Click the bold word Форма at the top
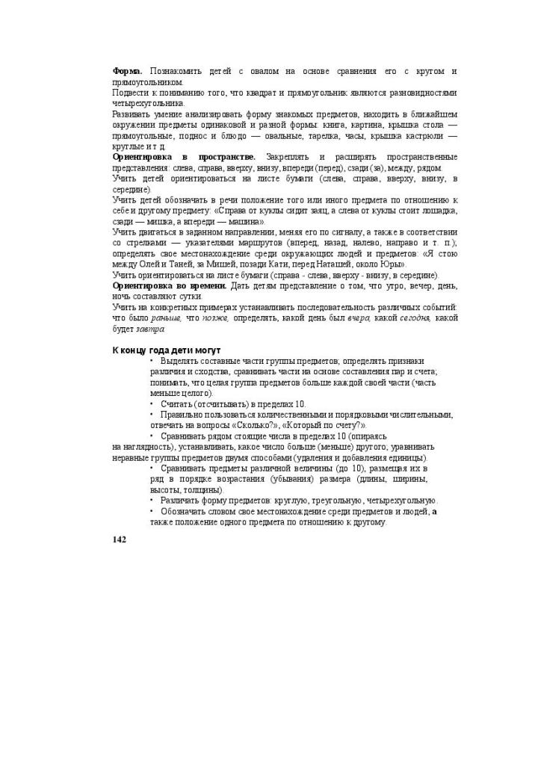click(x=127, y=71)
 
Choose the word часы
click(x=374, y=136)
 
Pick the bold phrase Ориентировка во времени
click(x=169, y=286)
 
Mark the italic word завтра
click(x=149, y=329)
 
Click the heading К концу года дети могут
click(x=166, y=350)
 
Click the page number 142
click(x=119, y=539)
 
